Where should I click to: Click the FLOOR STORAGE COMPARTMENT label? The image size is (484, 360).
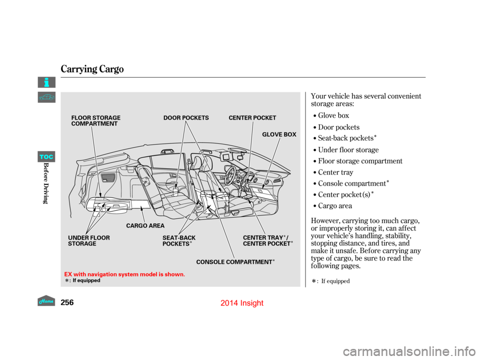click(96, 121)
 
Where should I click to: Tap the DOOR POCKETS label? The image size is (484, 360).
click(186, 118)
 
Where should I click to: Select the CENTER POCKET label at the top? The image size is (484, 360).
click(252, 118)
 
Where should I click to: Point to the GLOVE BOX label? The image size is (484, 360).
click(279, 135)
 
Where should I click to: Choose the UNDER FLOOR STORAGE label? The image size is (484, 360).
click(88, 241)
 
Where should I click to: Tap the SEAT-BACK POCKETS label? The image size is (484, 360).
click(178, 241)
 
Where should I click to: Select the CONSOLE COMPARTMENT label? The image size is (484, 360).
click(234, 262)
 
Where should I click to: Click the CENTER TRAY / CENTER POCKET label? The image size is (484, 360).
click(267, 241)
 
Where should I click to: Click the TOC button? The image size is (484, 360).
click(46, 157)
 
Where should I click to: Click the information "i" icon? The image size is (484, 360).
click(46, 82)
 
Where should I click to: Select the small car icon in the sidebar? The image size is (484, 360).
click(46, 97)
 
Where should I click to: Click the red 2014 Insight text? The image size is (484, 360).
click(243, 303)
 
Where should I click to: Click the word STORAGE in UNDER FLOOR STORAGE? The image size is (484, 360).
click(82, 244)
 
